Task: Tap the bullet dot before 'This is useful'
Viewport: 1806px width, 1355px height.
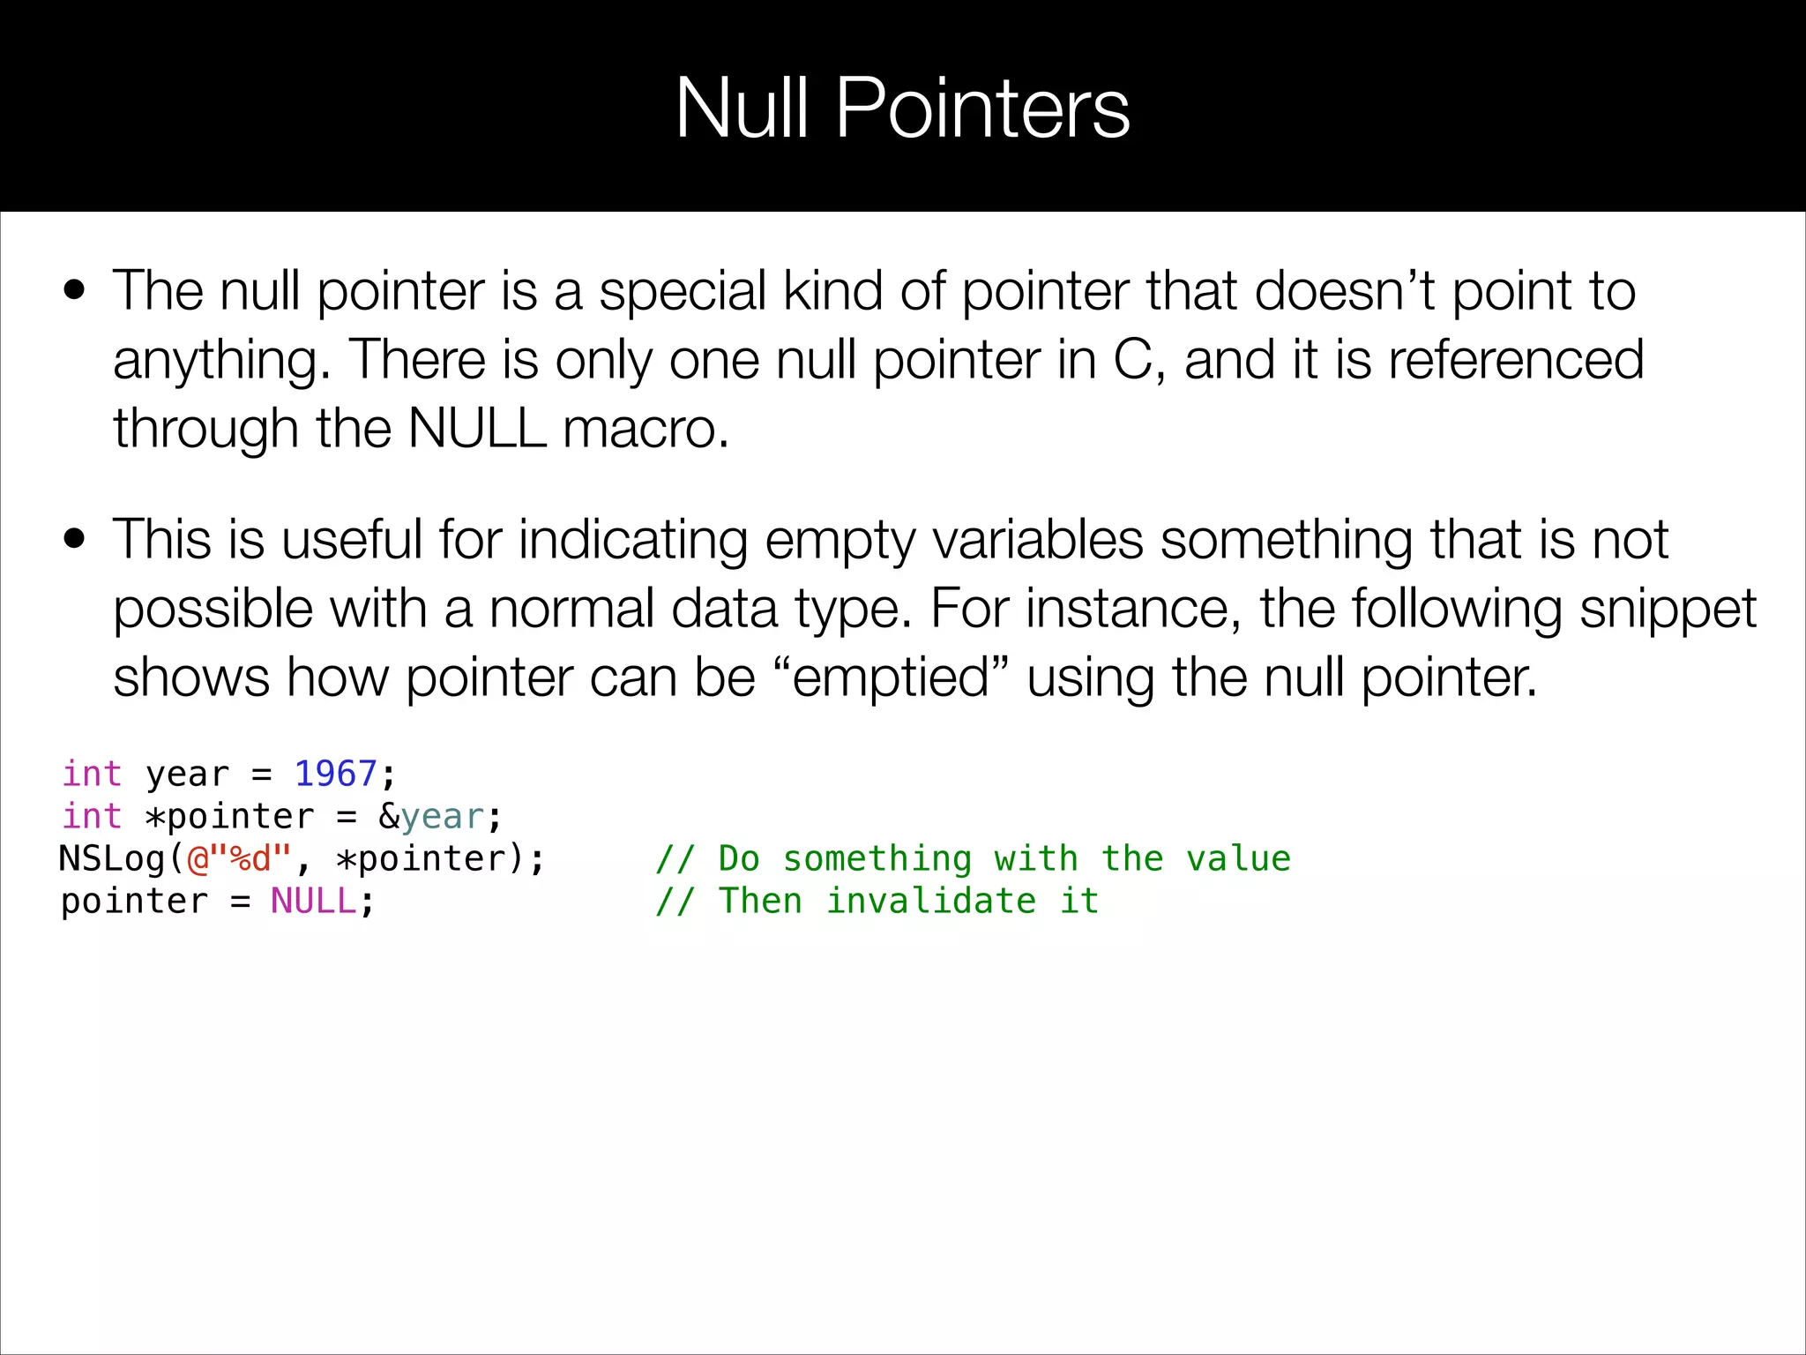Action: tap(75, 538)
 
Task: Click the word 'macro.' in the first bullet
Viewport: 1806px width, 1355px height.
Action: tap(646, 429)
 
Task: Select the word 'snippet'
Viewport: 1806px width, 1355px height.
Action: tap(1668, 610)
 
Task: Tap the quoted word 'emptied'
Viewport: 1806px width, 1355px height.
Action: tap(891, 678)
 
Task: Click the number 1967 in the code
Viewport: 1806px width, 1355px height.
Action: tap(335, 774)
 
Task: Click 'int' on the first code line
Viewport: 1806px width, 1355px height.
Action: tap(92, 774)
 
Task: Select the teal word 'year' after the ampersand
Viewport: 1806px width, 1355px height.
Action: tap(442, 817)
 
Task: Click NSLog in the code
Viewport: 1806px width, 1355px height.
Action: tap(112, 858)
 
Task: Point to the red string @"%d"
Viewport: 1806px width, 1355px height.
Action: tap(239, 858)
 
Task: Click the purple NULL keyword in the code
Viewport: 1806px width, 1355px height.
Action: tap(313, 901)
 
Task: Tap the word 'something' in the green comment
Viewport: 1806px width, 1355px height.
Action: tap(877, 858)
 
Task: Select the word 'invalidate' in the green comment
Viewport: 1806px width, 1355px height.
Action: tap(930, 901)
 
